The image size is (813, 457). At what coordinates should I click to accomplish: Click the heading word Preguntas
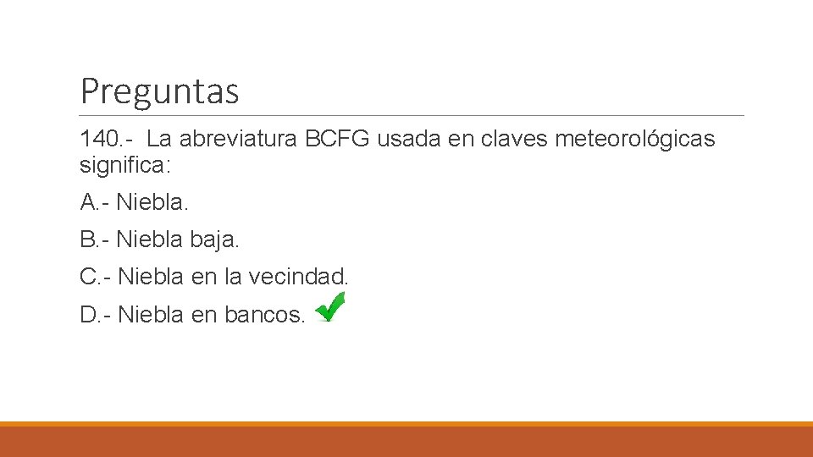pyautogui.click(x=159, y=91)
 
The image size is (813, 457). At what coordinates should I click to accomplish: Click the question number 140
pyautogui.click(x=98, y=139)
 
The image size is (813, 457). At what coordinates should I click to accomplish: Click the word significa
pyautogui.click(x=124, y=165)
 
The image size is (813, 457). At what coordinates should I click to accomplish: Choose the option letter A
pyautogui.click(x=88, y=202)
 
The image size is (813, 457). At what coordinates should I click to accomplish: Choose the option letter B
pyautogui.click(x=88, y=240)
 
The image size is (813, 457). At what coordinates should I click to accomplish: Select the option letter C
pyautogui.click(x=89, y=277)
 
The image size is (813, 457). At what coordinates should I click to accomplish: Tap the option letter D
pyautogui.click(x=89, y=315)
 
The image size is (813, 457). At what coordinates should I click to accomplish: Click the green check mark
pyautogui.click(x=329, y=306)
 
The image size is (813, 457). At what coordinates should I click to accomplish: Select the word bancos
pyautogui.click(x=264, y=315)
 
